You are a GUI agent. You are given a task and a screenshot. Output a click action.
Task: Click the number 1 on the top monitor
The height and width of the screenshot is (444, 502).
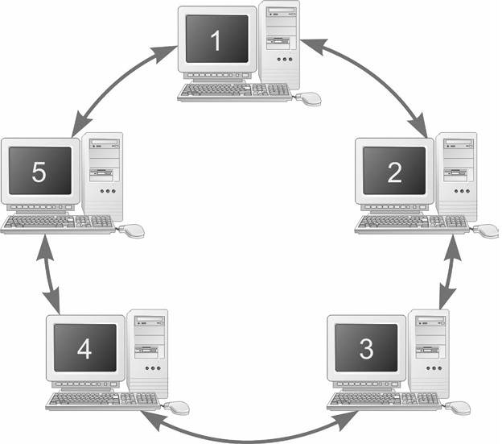216,41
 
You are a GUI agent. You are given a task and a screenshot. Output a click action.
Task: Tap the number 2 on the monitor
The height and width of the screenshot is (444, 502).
393,172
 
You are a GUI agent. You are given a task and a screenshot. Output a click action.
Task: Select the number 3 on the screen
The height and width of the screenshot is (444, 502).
366,349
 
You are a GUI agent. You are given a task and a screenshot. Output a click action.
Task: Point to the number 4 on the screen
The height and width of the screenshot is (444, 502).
84,348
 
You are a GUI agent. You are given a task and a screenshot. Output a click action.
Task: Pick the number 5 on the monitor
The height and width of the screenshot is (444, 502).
39,171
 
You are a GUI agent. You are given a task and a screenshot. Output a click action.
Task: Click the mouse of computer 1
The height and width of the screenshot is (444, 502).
309,98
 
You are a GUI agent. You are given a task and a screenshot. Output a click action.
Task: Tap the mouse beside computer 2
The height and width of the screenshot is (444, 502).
486,230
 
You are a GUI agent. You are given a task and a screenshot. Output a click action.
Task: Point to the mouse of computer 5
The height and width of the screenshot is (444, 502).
132,230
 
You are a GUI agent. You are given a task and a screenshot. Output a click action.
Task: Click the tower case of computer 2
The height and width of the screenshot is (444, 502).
458,177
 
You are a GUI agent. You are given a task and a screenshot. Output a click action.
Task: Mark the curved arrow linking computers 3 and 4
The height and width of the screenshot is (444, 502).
249,436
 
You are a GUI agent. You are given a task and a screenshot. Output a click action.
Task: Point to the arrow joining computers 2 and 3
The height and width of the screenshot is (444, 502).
447,274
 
